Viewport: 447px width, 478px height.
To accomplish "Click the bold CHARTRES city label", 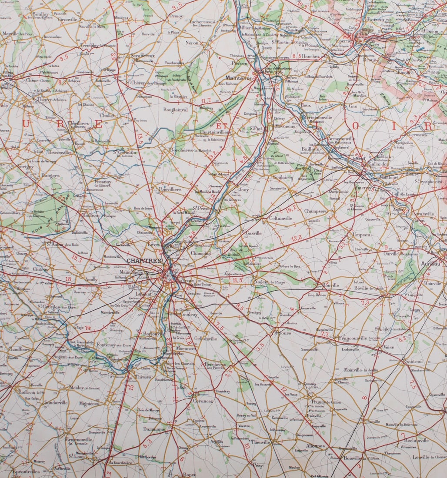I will pos(144,261).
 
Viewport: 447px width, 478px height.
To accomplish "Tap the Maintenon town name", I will pos(239,78).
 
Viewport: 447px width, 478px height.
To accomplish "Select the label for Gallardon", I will pos(367,164).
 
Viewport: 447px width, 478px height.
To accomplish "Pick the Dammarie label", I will pos(155,429).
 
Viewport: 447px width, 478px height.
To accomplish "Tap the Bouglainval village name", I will pos(175,110).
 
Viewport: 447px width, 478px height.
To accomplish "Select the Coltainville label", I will pos(280,218).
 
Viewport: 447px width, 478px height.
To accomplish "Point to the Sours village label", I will pos(284,333).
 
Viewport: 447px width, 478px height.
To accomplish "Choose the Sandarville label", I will pos(56,402).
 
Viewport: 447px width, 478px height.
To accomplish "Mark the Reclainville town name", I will pos(416,440).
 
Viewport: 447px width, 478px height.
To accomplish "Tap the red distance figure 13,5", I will pos(140,139).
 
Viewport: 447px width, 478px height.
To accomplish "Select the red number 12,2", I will pos(297,238).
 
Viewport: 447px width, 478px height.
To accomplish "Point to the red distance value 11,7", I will pos(205,101).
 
